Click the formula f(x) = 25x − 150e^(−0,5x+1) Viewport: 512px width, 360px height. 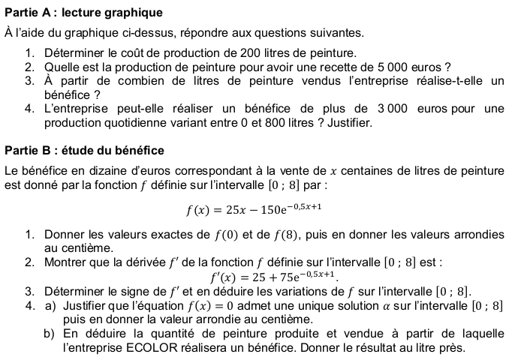pos(255,208)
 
